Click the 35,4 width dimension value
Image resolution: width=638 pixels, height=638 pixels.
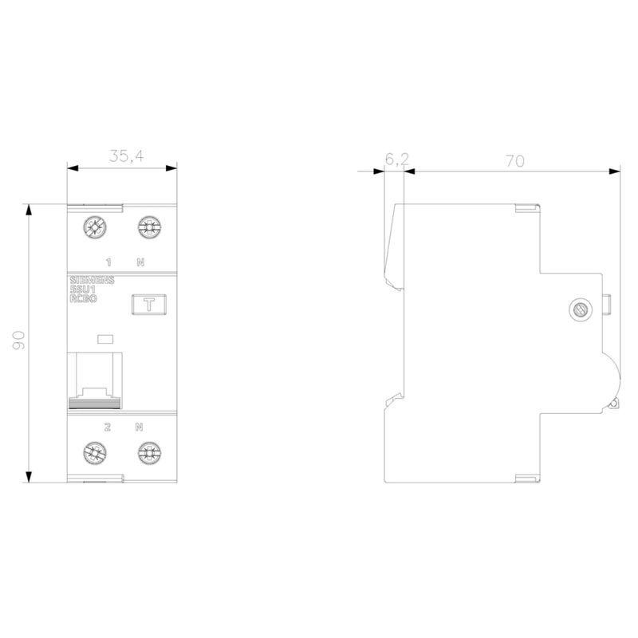pos(127,156)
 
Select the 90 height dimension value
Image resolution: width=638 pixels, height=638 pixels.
pos(18,341)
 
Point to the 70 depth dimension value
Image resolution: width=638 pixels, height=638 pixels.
pos(515,162)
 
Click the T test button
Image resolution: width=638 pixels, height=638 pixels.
pos(149,305)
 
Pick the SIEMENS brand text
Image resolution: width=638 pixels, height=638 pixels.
pos(92,281)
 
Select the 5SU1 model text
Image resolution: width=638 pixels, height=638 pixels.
pos(83,289)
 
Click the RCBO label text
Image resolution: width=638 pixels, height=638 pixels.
pos(84,298)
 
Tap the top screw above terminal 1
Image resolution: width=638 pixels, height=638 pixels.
pos(95,227)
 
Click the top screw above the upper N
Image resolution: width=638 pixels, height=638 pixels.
pos(149,227)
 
